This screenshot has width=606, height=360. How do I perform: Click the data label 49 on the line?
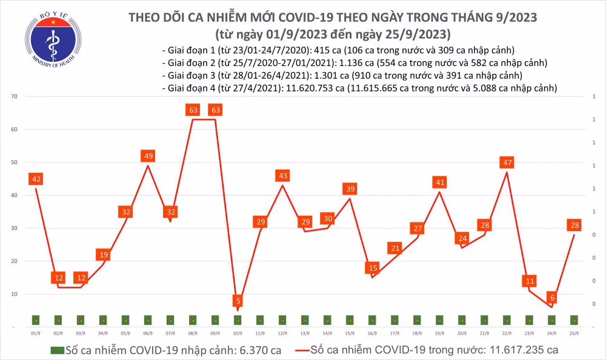click(x=148, y=156)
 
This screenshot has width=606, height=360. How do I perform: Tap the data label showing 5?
click(x=238, y=301)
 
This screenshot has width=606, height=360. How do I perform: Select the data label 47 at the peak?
click(x=507, y=162)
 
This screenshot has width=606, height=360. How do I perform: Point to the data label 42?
click(x=36, y=179)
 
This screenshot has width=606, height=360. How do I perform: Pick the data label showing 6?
click(x=552, y=298)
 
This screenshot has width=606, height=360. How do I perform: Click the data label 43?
click(x=283, y=176)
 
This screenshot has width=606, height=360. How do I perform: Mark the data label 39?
click(x=350, y=188)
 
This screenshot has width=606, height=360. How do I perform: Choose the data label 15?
click(x=372, y=268)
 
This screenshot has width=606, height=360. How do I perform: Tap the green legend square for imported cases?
click(x=57, y=350)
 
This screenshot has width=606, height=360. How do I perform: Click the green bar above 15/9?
click(x=350, y=320)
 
